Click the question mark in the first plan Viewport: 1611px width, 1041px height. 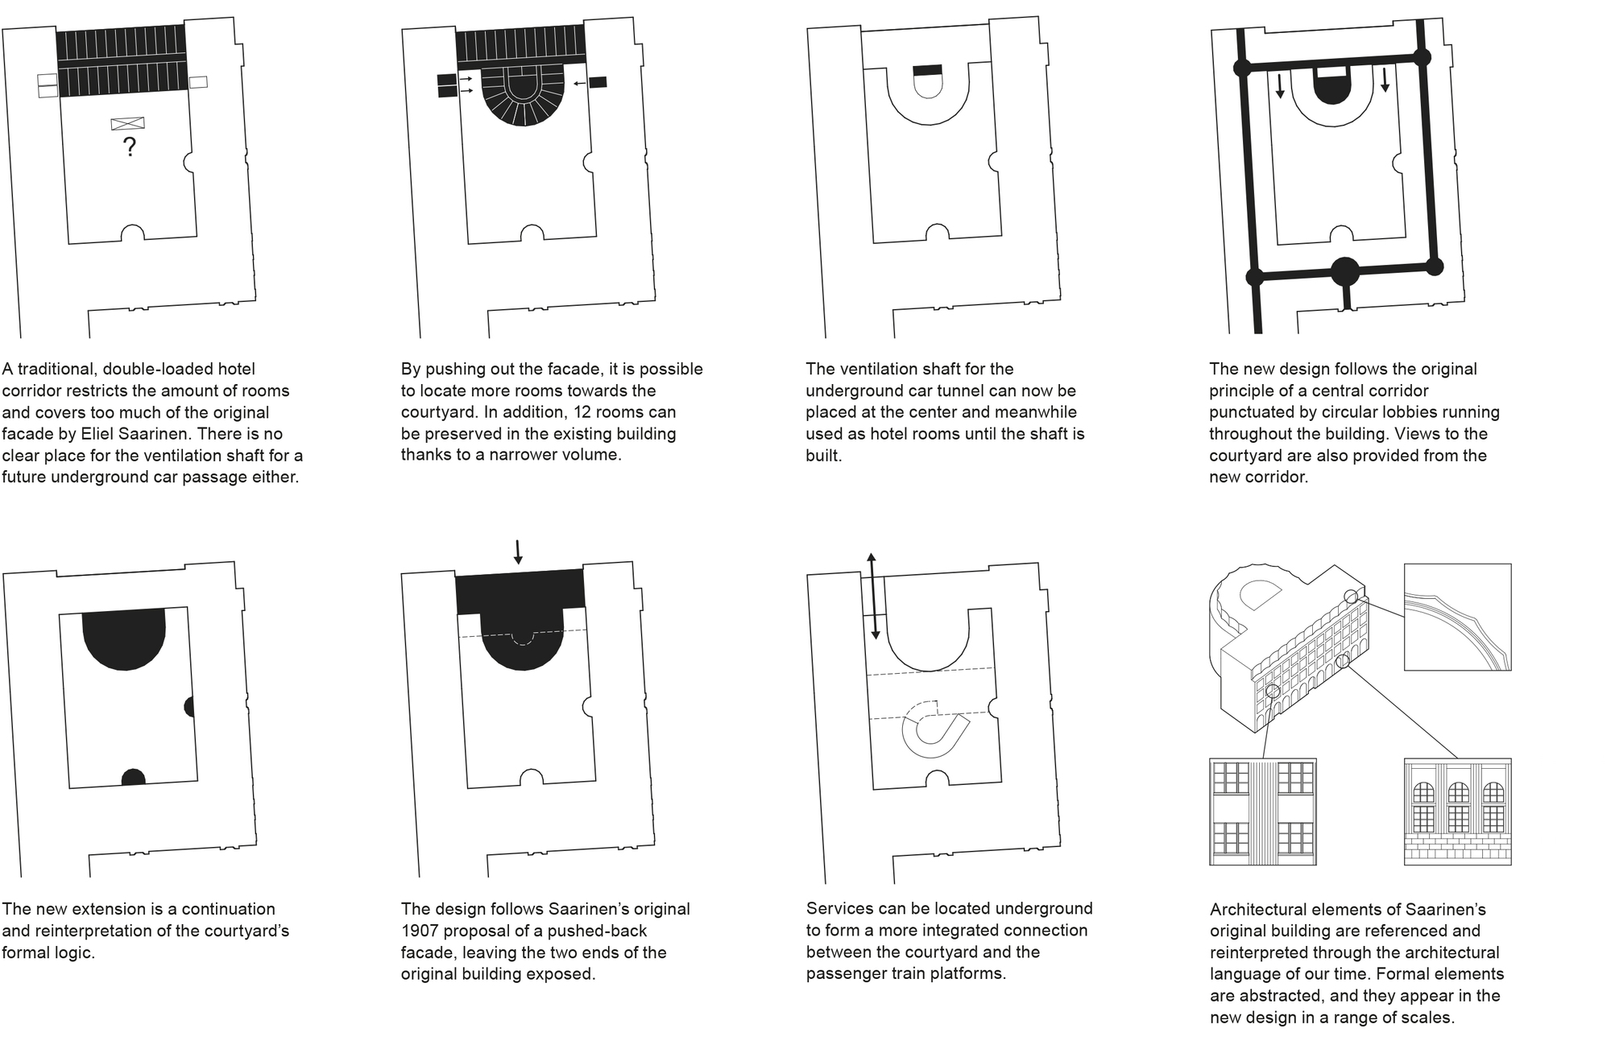click(x=129, y=147)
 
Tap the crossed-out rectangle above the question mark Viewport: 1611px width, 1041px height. click(x=128, y=123)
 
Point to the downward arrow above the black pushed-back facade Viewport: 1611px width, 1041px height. click(x=518, y=551)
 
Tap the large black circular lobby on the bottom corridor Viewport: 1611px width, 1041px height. click(x=1344, y=272)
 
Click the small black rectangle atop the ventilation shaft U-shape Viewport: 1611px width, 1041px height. click(x=927, y=70)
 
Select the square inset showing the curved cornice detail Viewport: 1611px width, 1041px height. click(x=1457, y=617)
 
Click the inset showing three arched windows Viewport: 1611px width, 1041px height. click(x=1457, y=812)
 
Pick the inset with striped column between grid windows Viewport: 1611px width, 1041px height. click(x=1263, y=812)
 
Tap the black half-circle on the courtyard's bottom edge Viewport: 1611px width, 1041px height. click(x=133, y=777)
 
